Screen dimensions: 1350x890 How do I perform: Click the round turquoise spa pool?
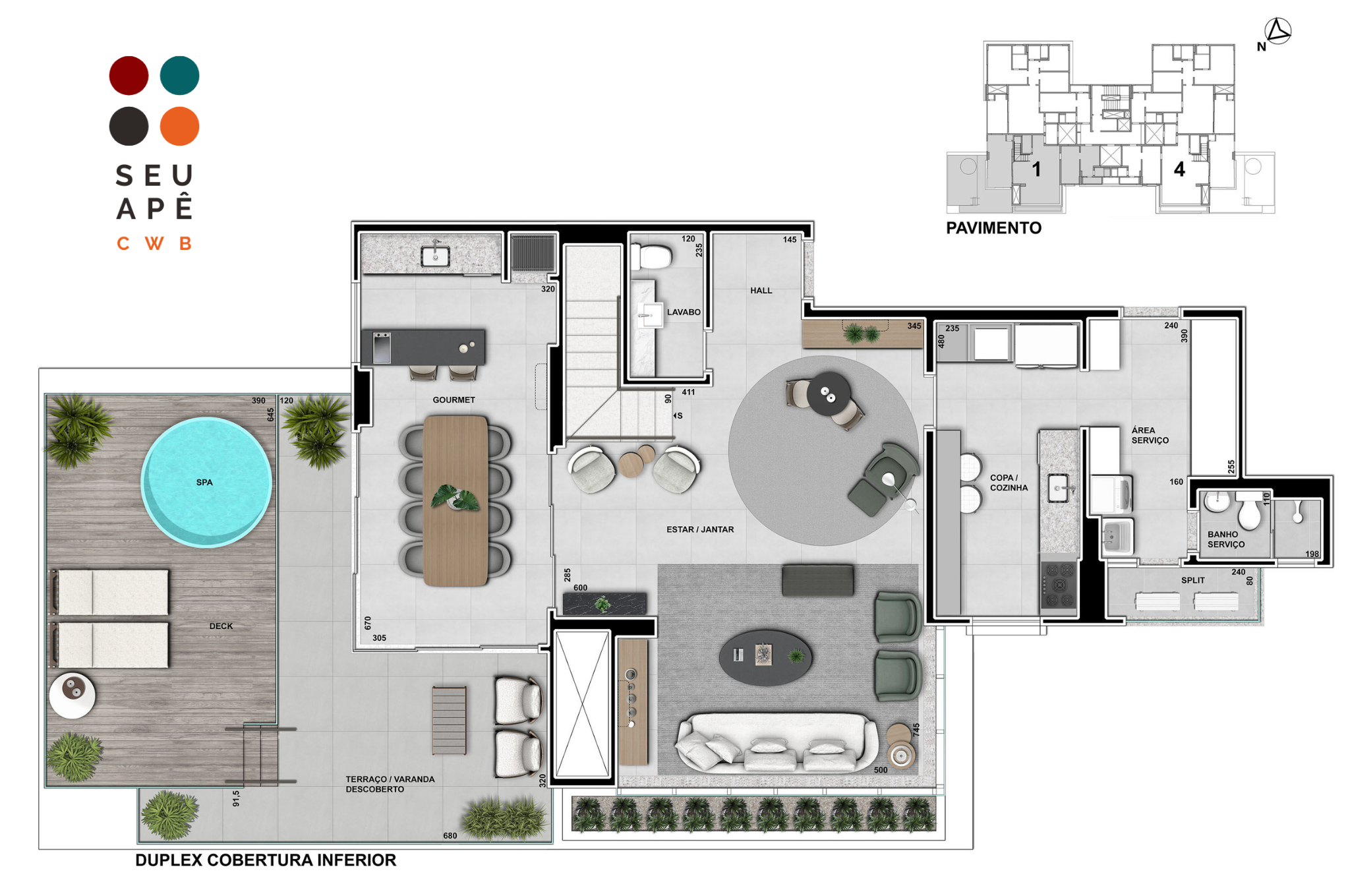point(206,482)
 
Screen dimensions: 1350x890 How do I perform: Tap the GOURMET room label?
point(454,400)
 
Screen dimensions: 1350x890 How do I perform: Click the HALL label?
point(761,290)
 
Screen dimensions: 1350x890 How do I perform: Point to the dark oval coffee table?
point(765,657)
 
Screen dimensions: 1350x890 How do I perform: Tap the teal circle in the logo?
point(179,75)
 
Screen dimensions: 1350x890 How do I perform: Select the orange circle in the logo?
point(179,126)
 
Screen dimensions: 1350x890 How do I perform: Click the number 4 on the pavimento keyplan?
point(1179,169)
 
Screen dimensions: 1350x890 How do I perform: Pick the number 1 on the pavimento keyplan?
point(1036,169)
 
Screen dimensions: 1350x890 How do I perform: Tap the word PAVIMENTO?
point(993,228)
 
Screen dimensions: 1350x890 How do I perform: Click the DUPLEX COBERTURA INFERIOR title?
point(266,860)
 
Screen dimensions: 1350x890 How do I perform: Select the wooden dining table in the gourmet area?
point(455,501)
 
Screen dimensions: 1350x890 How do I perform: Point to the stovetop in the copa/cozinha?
point(1058,584)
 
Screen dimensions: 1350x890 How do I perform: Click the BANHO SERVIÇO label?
point(1226,539)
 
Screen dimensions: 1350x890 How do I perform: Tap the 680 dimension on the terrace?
point(450,836)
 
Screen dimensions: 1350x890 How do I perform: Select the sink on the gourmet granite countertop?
point(435,256)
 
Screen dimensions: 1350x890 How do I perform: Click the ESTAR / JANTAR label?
point(700,529)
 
